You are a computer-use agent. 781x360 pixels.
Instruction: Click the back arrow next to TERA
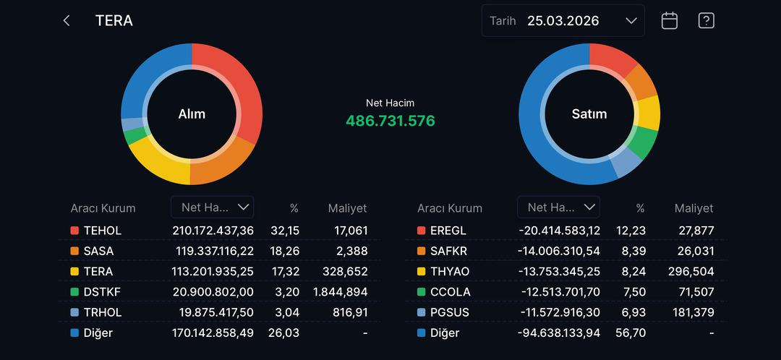point(67,21)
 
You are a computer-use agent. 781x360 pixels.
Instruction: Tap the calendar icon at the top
point(670,21)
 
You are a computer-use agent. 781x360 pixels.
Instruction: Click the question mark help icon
point(707,21)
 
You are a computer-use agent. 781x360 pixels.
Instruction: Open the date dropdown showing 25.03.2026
point(563,21)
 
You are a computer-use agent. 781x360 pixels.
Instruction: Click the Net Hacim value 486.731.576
point(390,121)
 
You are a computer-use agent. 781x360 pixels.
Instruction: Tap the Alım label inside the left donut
point(192,114)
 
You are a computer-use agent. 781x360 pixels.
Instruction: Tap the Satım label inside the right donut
point(589,114)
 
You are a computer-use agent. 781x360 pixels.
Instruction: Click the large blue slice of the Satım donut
point(542,130)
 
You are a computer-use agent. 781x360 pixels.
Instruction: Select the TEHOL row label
point(103,231)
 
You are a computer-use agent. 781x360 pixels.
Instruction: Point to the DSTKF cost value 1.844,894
point(341,292)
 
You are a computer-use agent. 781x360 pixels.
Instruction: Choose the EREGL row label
point(448,231)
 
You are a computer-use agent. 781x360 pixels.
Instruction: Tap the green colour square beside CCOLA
point(422,292)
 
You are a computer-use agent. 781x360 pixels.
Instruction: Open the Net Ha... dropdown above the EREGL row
point(558,207)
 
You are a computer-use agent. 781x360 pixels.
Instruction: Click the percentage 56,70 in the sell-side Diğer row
point(633,333)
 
